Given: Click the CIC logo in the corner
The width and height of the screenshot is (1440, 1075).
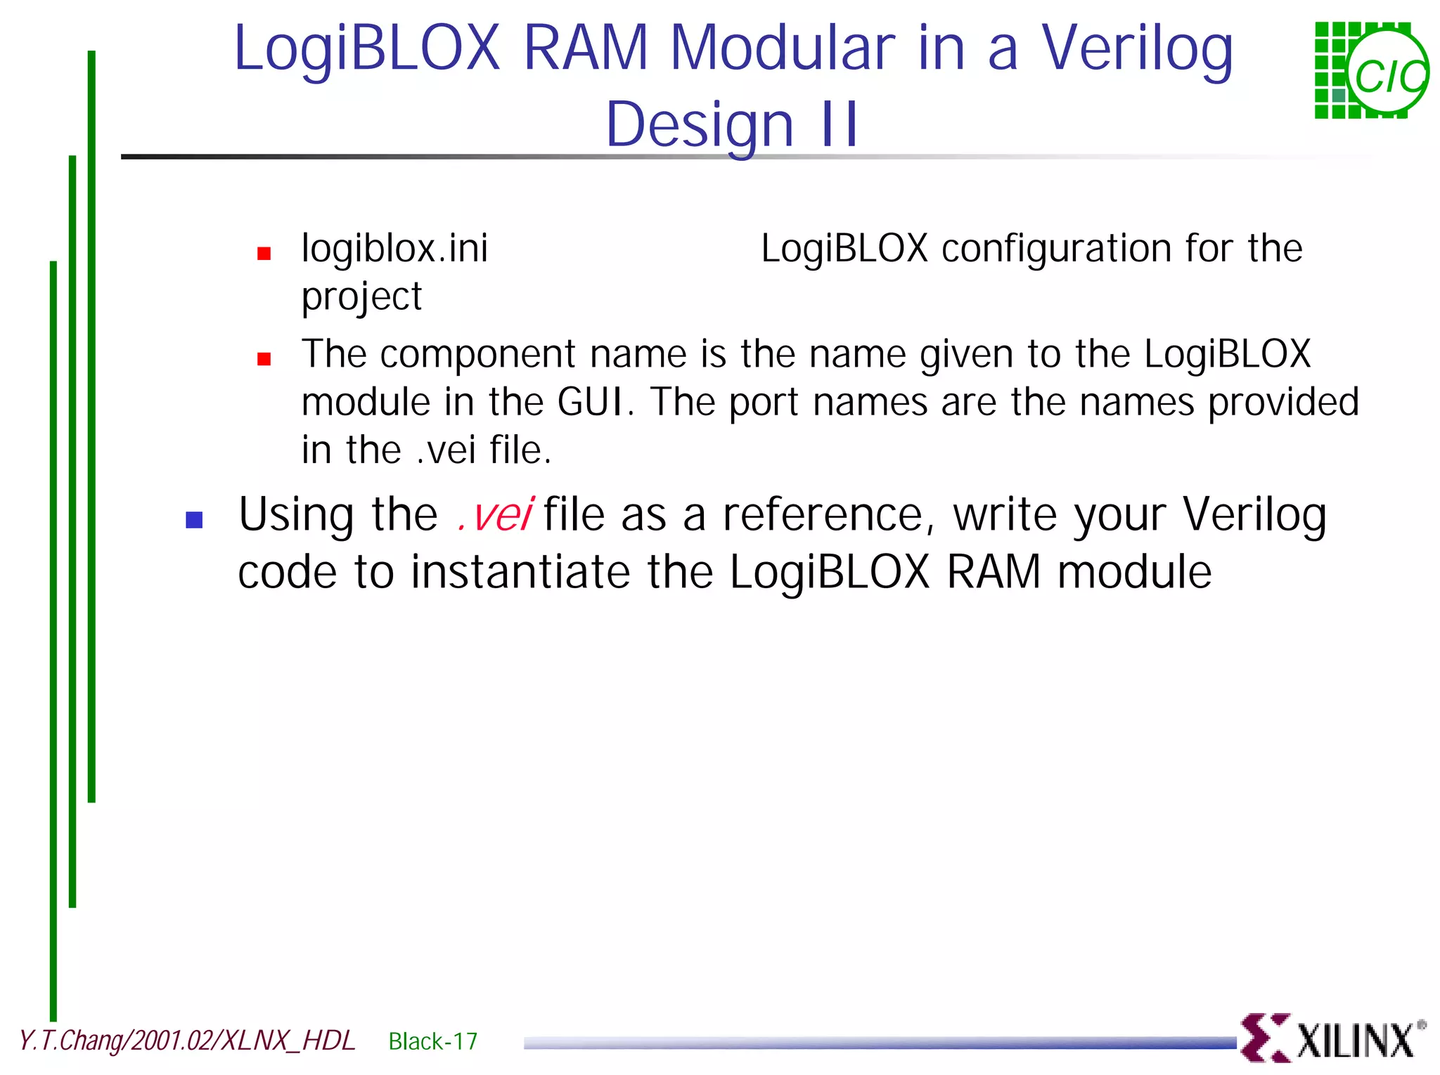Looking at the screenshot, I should (1371, 70).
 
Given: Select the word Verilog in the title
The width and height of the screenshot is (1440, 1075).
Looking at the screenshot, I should (1137, 49).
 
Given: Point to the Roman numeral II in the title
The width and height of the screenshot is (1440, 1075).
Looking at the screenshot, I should (838, 125).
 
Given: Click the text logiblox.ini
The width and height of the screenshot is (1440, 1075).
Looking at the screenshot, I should (394, 249).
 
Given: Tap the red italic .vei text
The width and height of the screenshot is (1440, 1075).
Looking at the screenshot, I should (494, 514).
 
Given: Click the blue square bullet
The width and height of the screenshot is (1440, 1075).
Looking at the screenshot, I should (194, 520).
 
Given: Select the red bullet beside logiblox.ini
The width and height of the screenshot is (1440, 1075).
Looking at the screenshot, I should (264, 254).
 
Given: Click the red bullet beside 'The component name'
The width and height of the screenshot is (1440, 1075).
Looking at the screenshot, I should (264, 359).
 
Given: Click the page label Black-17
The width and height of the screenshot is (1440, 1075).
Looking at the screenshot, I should (432, 1041).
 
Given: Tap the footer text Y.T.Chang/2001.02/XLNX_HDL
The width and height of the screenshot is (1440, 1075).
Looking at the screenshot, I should (187, 1041).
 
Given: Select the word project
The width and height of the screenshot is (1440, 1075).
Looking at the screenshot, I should (361, 297).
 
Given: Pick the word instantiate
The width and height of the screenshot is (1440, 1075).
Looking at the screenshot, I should (520, 572).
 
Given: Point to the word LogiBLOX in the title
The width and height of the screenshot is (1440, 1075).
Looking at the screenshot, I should (366, 49).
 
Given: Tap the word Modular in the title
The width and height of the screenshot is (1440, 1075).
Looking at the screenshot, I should (783, 49).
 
